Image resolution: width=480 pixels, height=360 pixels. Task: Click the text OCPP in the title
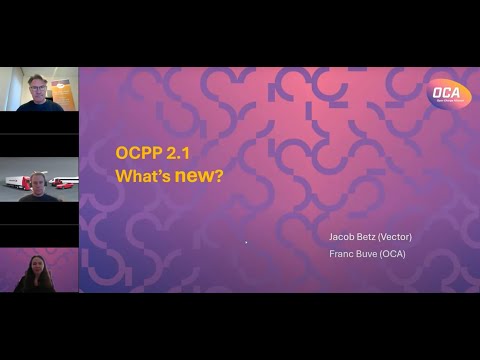138,154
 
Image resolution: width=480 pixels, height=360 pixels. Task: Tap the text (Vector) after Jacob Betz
397,237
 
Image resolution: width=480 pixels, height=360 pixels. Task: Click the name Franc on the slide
342,254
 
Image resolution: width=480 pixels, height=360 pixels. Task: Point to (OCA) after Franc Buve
397,254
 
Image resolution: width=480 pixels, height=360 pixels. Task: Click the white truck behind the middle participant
15,182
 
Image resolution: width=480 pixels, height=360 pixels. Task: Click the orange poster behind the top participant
65,88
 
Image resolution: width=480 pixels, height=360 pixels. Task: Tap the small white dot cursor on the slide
246,242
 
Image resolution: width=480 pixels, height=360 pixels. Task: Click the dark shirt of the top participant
30,104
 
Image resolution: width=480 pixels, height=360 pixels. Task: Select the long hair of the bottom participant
29,277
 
